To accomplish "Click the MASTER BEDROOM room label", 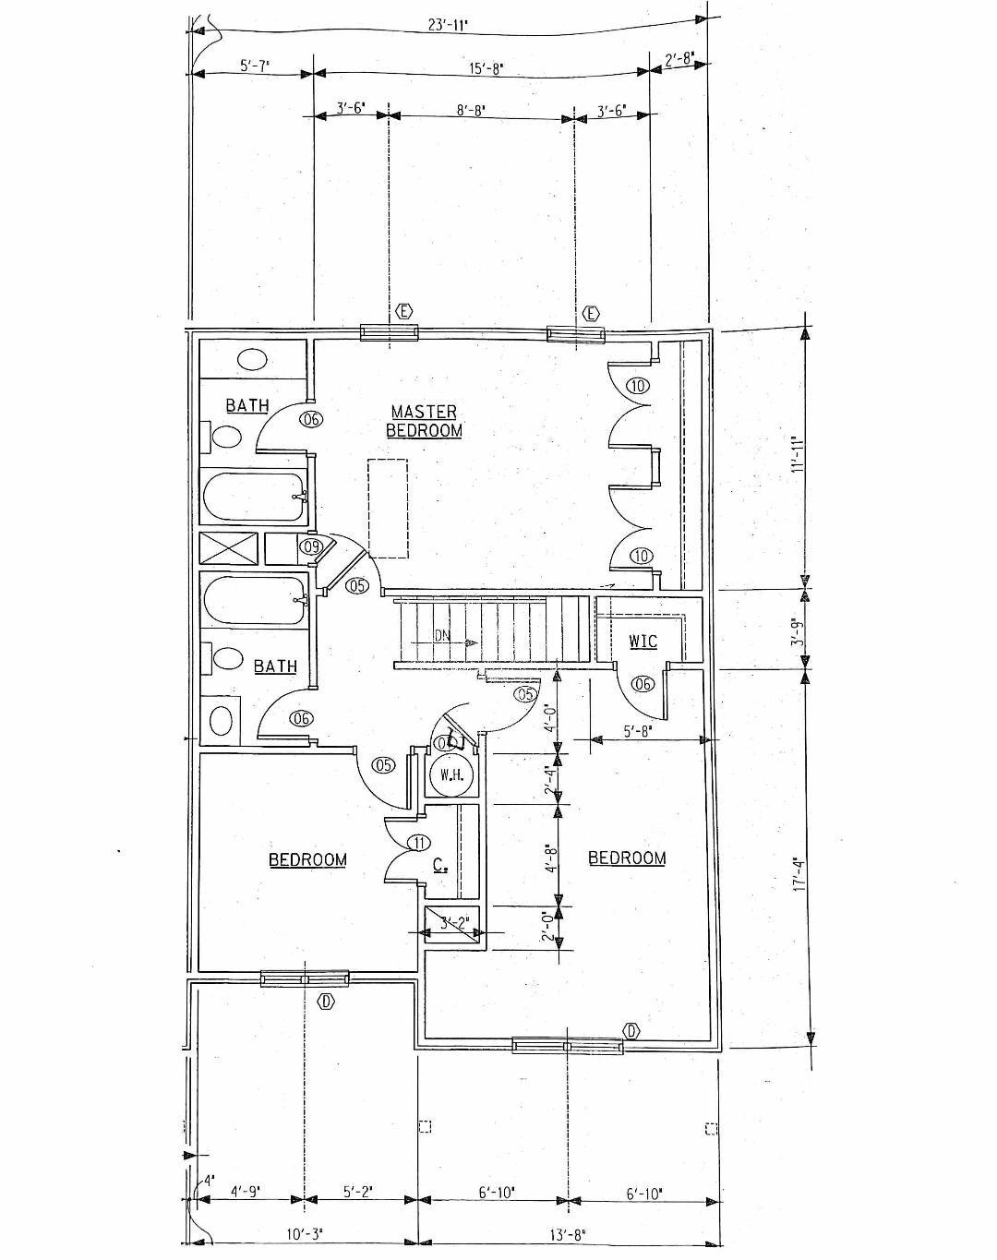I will tap(424, 421).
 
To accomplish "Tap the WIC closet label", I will tap(643, 641).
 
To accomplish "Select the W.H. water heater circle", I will tap(451, 774).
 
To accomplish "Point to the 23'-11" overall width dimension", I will tap(449, 25).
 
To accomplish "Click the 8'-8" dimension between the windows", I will tap(471, 110).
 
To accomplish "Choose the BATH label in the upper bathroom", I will tap(247, 405).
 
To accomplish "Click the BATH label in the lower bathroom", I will tap(275, 666).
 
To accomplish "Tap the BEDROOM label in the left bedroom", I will tap(307, 859).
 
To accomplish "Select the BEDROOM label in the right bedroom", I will tap(627, 858).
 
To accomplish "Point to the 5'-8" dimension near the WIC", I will tap(638, 732).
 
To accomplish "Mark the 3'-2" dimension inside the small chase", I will tap(454, 921).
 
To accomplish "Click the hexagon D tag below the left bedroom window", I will tap(325, 1002).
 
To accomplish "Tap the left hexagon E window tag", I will tap(403, 312).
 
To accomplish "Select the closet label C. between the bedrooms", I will tap(440, 866).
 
